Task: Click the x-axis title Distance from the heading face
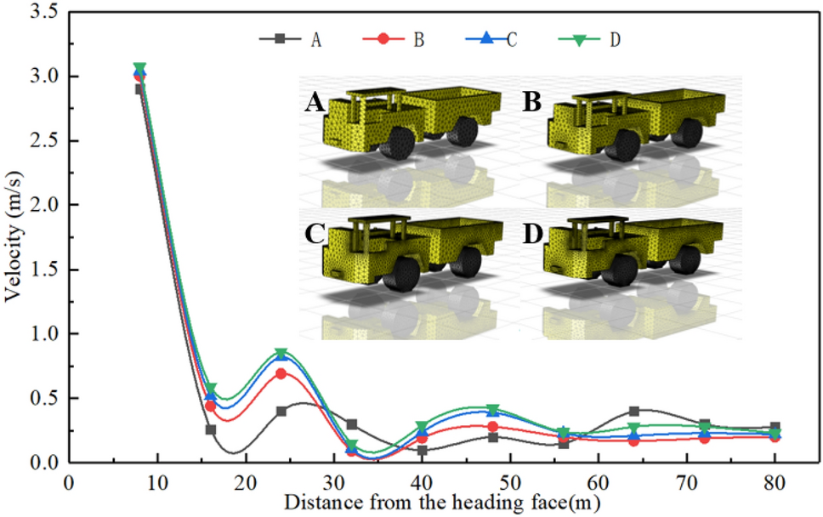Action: (441, 502)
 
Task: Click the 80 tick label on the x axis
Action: (775, 481)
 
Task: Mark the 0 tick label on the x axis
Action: (69, 481)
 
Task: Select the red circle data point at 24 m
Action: (281, 374)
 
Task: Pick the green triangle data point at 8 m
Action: (140, 68)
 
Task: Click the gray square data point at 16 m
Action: (210, 430)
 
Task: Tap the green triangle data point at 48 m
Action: (492, 410)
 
